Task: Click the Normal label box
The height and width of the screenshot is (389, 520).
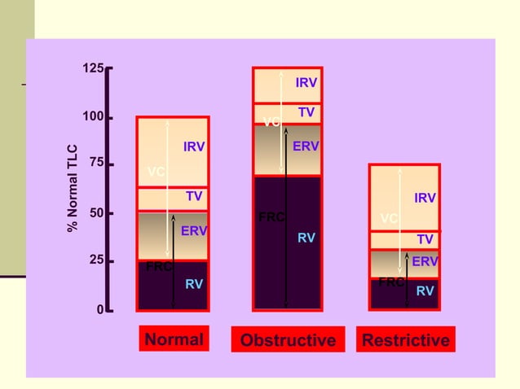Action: click(174, 339)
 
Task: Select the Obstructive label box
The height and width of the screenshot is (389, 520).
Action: click(287, 339)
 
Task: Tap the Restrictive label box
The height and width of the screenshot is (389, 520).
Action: click(405, 339)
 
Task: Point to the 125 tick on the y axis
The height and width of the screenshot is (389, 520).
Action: click(94, 68)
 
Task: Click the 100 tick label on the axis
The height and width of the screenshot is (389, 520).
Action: click(94, 117)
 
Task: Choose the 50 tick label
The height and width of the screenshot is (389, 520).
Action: click(97, 213)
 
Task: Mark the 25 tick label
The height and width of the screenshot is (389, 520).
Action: click(97, 260)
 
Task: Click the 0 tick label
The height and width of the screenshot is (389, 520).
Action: click(100, 310)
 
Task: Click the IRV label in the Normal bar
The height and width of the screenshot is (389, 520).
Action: click(194, 147)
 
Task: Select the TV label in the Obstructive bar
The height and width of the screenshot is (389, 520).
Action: click(306, 112)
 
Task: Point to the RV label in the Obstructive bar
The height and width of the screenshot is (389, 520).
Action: click(306, 238)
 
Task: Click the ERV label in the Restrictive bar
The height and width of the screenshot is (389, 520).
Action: click(425, 261)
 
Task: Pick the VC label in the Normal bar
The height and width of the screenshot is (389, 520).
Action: click(156, 172)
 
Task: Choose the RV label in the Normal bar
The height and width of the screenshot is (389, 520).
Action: click(194, 284)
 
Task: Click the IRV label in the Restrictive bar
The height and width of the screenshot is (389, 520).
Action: click(425, 198)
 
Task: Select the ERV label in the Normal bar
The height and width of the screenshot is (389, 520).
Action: click(194, 231)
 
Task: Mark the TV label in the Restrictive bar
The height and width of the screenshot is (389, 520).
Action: click(425, 239)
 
